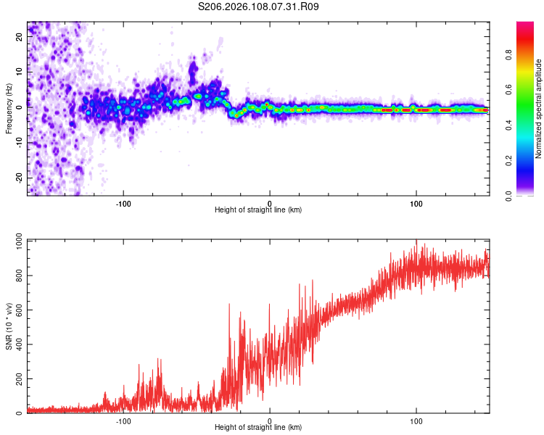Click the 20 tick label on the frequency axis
tap(20, 38)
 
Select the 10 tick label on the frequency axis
tap(20, 72)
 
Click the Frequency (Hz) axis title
tap(9, 108)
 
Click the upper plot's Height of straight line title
tap(258, 210)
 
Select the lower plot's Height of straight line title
tap(258, 427)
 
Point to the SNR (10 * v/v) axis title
tap(9, 326)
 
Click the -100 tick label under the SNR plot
tap(123, 420)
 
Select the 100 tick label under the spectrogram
tap(416, 203)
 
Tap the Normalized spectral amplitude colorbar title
tap(539, 109)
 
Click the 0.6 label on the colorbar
tap(528, 89)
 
